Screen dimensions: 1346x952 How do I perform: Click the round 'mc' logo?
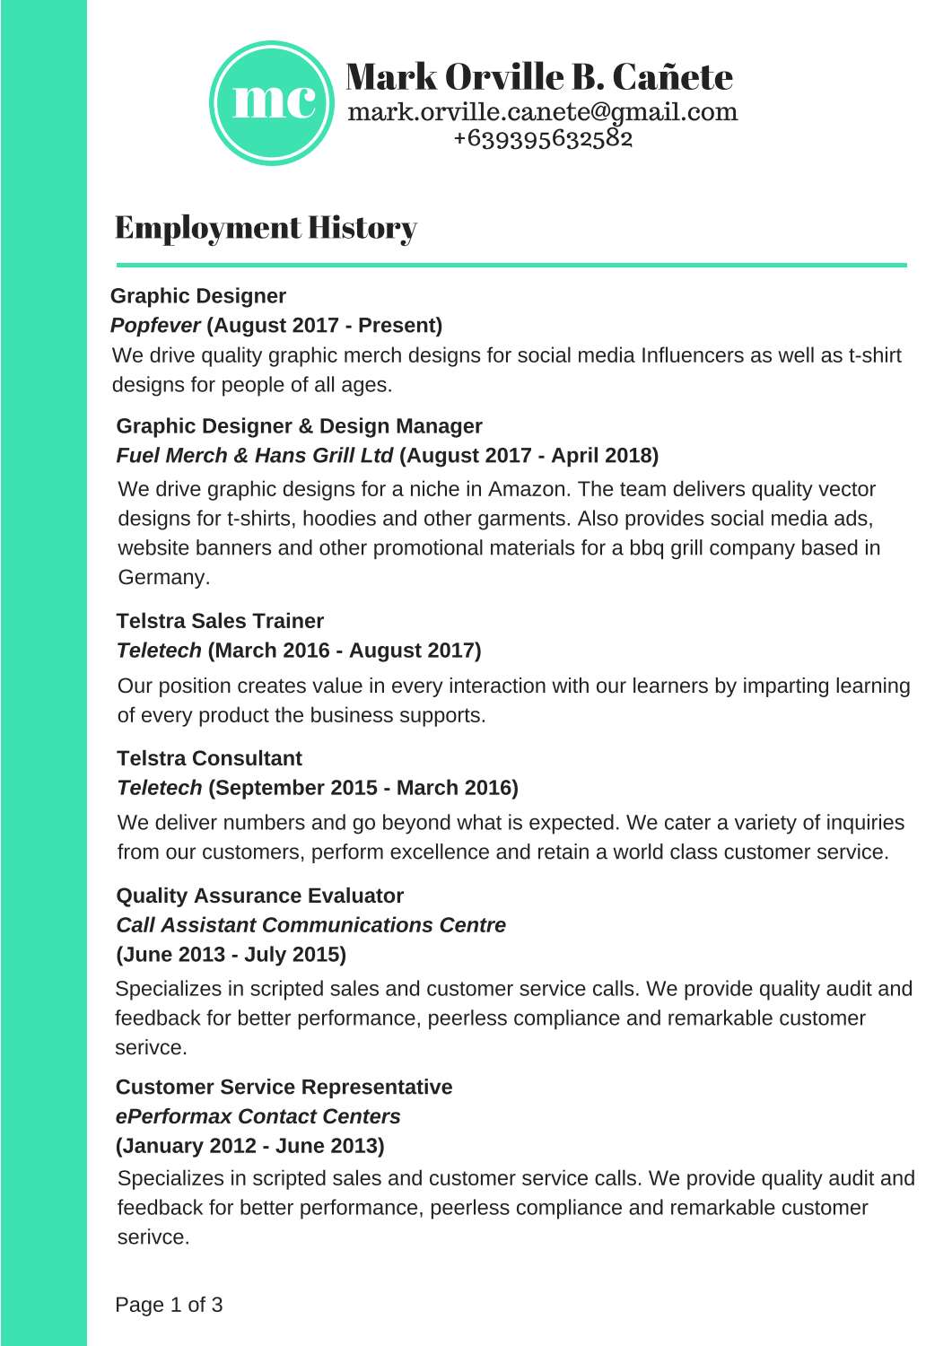(x=273, y=102)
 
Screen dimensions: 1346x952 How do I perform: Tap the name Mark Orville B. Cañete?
(x=539, y=77)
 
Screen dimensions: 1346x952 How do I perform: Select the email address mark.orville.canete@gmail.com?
(x=542, y=112)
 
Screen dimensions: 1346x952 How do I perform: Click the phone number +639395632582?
(x=543, y=138)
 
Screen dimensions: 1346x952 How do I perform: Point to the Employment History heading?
(x=266, y=228)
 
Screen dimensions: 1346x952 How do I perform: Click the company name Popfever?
(x=155, y=326)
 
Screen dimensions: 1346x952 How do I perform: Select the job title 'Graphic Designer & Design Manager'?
(x=299, y=426)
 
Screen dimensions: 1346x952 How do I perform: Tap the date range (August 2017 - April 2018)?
(x=528, y=456)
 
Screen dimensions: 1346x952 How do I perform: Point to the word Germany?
(x=163, y=578)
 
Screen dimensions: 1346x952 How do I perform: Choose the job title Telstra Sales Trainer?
(x=220, y=621)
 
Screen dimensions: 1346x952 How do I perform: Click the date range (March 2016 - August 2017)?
(x=345, y=651)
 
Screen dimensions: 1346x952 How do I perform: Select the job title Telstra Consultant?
(x=209, y=758)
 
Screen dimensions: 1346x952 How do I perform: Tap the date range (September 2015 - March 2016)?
(x=363, y=788)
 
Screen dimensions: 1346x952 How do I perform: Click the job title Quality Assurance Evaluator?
(x=259, y=896)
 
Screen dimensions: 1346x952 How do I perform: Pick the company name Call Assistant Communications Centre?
(x=310, y=925)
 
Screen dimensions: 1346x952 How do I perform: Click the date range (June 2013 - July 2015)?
(x=231, y=955)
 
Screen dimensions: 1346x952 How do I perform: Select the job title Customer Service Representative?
(x=284, y=1088)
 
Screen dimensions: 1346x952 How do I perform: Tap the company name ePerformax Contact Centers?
(x=258, y=1117)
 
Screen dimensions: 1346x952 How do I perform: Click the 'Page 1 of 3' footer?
(x=169, y=1305)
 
